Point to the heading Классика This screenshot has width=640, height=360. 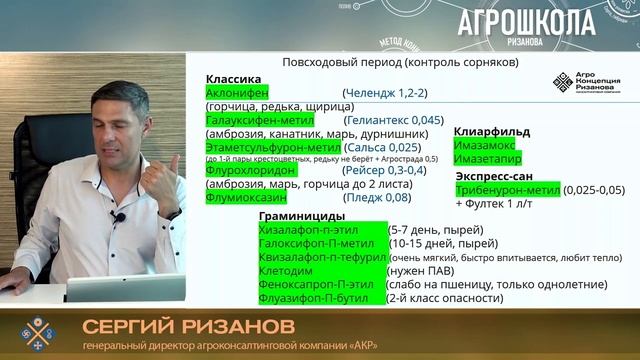coord(234,78)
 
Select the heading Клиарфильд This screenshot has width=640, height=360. coord(492,131)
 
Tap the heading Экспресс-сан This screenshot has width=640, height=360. coord(495,175)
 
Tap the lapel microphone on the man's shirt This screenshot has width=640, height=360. coord(119,216)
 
